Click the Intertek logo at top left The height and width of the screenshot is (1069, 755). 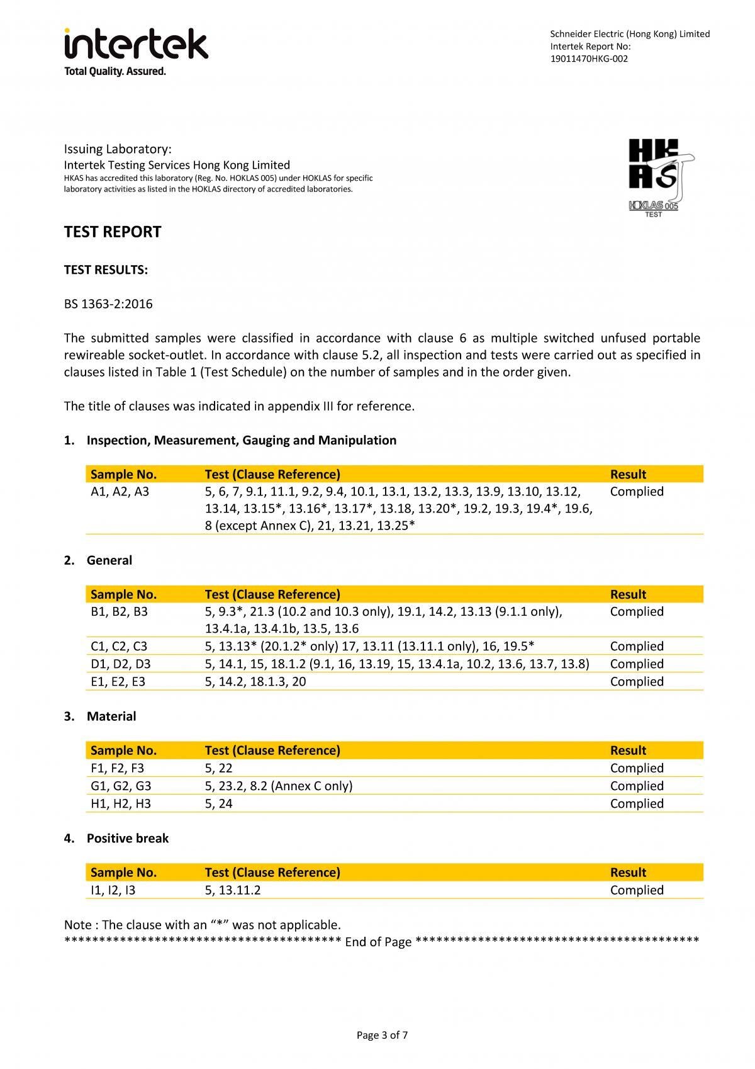135,51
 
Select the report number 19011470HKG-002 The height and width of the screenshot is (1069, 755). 589,59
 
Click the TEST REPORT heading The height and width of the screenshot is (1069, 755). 113,232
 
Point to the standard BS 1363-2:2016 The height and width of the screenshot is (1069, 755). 108,304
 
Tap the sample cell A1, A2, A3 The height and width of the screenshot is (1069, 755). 120,492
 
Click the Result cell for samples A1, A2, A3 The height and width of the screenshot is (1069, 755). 636,492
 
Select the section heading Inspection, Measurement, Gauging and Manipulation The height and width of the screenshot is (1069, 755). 242,440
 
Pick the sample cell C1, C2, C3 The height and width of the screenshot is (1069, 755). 119,647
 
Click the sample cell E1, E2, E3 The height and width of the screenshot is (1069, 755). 118,682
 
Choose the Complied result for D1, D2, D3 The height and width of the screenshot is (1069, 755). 636,664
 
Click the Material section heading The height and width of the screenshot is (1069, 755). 111,716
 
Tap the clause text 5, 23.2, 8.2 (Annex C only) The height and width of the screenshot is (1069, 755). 279,786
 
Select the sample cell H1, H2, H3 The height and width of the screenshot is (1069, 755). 121,803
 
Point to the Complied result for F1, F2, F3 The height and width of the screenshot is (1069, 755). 636,768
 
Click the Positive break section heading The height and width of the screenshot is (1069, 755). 128,839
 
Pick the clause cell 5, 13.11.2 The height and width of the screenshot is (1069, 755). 233,890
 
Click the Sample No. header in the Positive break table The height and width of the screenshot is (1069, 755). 123,873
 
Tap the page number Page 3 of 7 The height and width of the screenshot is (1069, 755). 382,1035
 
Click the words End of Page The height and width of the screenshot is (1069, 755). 378,942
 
